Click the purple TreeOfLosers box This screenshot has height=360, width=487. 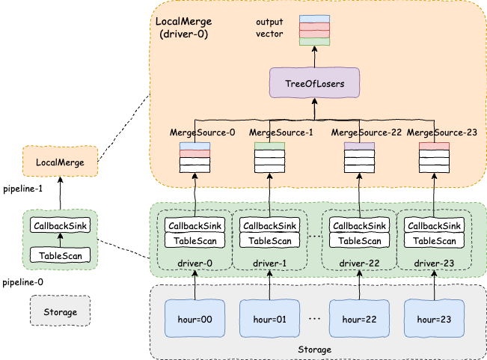(315, 83)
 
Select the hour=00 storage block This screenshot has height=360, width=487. (195, 319)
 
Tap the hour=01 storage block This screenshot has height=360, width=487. (269, 319)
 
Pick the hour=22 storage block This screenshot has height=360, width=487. (360, 319)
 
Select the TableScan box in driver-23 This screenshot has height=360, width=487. (435, 240)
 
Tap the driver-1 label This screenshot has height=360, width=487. (269, 263)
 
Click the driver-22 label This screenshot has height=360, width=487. (360, 263)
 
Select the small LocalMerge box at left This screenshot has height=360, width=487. (61, 162)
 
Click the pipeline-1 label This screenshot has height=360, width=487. (23, 189)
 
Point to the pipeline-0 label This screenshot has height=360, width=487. (23, 284)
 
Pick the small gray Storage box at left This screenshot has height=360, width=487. (60, 310)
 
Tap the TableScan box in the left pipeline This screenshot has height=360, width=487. (61, 255)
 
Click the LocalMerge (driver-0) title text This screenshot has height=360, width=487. (184, 28)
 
